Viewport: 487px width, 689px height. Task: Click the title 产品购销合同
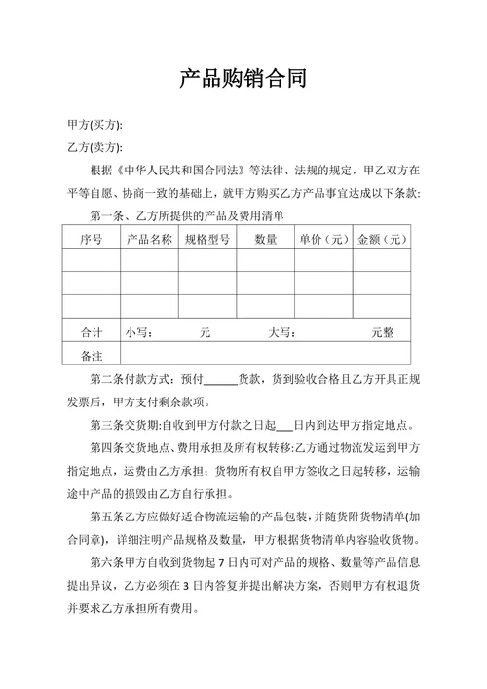click(243, 78)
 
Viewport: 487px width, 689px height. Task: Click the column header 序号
click(92, 239)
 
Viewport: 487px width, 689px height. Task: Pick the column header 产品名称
click(149, 239)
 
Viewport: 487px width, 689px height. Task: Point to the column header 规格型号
click(206, 239)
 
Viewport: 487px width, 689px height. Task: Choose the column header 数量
click(265, 239)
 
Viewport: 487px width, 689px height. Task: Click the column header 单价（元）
click(323, 239)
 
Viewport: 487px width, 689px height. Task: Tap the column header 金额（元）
click(382, 239)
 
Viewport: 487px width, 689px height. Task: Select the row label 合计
click(92, 332)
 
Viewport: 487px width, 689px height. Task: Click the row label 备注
click(92, 356)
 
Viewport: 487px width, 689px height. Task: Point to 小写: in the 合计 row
click(138, 332)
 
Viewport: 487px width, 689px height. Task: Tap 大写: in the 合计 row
click(281, 332)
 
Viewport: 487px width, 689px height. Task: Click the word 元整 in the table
click(383, 332)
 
